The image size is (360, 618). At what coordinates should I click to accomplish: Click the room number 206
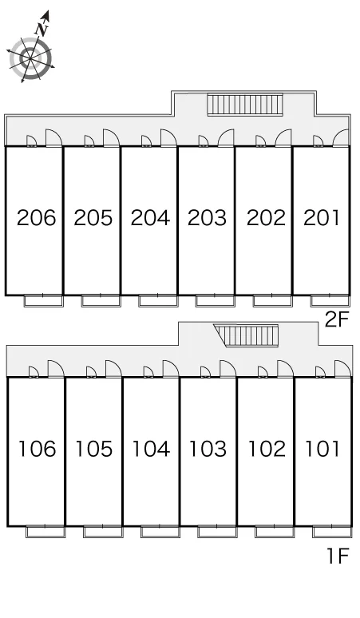coord(36,218)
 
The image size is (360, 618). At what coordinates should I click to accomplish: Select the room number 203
coord(208,218)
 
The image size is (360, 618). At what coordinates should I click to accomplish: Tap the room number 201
coord(322,218)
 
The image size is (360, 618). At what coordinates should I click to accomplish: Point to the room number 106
coord(38,449)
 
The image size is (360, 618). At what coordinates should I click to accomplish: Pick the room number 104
coord(151,449)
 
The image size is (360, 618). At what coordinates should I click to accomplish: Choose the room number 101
coord(322,449)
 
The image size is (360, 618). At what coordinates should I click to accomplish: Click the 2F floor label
coord(337,319)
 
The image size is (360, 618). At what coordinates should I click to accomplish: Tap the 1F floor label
coord(338,557)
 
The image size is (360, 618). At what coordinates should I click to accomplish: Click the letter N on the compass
coord(42,30)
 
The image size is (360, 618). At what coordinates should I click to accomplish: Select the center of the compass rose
coord(30,58)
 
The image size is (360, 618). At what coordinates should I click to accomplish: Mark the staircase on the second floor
coord(245,105)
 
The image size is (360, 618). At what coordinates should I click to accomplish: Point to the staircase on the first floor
coord(247,335)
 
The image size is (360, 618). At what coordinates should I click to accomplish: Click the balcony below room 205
coord(101,301)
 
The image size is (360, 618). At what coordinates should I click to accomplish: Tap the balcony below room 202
coord(272,301)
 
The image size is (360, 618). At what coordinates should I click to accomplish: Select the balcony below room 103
coord(217,532)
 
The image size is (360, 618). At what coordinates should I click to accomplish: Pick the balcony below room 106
coord(45,532)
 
